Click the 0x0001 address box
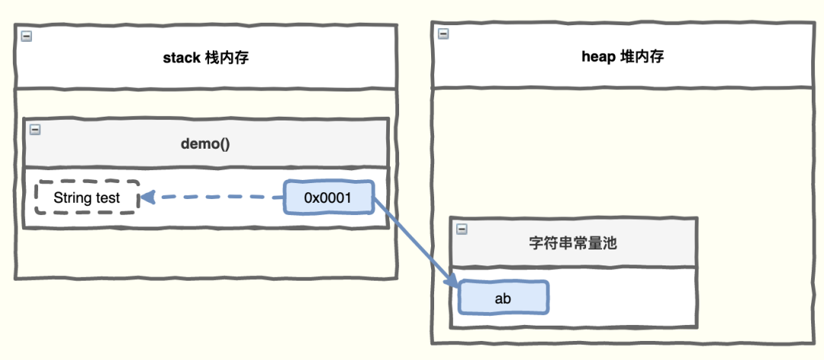coord(328,198)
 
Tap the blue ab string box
coord(503,298)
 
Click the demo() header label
coord(206,143)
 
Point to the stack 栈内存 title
coord(206,57)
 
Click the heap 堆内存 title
coord(623,57)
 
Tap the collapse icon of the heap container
coord(443,34)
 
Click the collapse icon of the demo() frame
coord(34,129)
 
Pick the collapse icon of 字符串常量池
coord(461,229)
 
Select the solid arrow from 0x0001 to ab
coord(416,240)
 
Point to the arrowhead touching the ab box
coord(453,282)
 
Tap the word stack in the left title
coord(181,57)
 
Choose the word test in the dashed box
coord(108,198)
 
